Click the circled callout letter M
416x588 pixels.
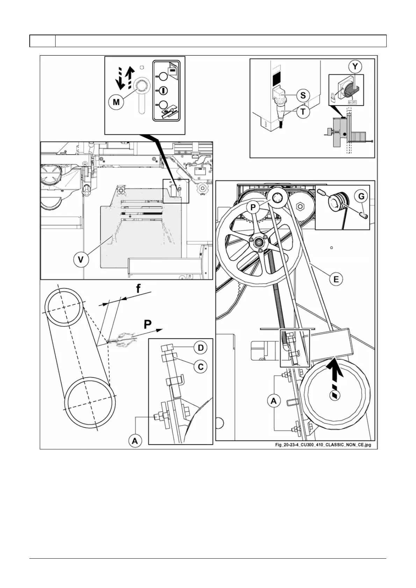coord(116,102)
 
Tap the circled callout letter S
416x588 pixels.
coord(303,95)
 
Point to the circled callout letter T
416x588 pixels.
coord(303,112)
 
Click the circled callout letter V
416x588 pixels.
coord(81,260)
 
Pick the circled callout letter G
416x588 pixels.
coord(361,196)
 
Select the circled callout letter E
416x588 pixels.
coord(336,279)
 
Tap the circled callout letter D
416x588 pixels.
coord(201,348)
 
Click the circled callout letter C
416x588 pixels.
coord(201,367)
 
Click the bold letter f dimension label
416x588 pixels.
coord(139,289)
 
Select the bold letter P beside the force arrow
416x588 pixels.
coord(148,325)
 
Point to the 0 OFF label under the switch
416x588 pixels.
coord(352,102)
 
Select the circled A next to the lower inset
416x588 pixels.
coord(135,441)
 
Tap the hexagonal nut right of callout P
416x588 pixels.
coord(300,206)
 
